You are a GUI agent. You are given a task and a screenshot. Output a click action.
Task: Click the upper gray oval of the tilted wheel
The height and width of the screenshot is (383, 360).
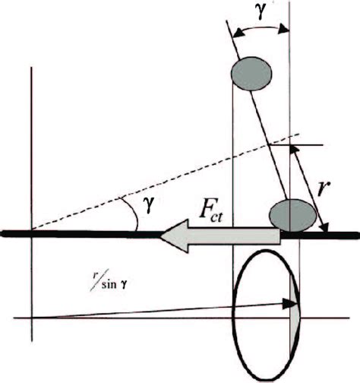254,72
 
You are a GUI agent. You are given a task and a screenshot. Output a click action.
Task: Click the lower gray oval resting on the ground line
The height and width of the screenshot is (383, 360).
292,214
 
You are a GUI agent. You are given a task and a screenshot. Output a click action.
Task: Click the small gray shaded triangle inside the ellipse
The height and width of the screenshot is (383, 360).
297,303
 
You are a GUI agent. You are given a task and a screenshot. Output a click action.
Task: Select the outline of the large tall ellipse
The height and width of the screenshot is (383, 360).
235,303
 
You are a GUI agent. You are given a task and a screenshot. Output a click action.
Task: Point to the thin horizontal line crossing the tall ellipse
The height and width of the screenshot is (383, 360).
152,316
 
